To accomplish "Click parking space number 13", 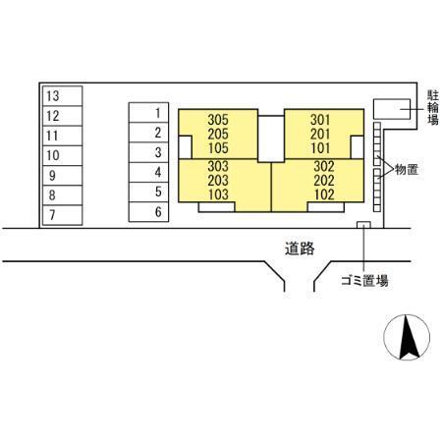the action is pos(62,96).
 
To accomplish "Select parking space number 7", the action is pos(62,215).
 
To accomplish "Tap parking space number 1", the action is pos(148,113).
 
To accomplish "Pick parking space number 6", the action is pos(148,212).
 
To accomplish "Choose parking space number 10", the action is pos(62,155).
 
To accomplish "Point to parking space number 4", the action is pos(148,172).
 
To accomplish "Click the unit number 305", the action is pos(218,120).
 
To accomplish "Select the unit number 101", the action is pos(320,148).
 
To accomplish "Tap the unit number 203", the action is pos(218,181).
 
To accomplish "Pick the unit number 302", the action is pos(324,166).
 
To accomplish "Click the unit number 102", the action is pos(324,194).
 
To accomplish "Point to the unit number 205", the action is pos(218,134).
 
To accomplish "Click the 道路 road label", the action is pos(300,249).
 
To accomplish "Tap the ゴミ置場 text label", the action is pos(364,281).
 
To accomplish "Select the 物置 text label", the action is pos(407,170).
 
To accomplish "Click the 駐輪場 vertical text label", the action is pos(433,108).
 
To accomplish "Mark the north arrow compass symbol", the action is pos(407,338).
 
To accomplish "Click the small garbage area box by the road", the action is pos(363,225).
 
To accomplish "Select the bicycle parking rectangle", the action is pos(392,109).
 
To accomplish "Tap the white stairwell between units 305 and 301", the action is pos(271,138).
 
